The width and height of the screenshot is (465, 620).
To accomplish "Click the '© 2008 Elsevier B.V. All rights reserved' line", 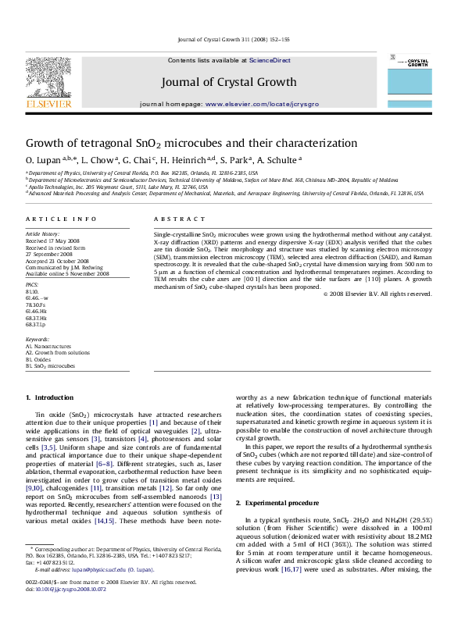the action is [377, 294].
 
